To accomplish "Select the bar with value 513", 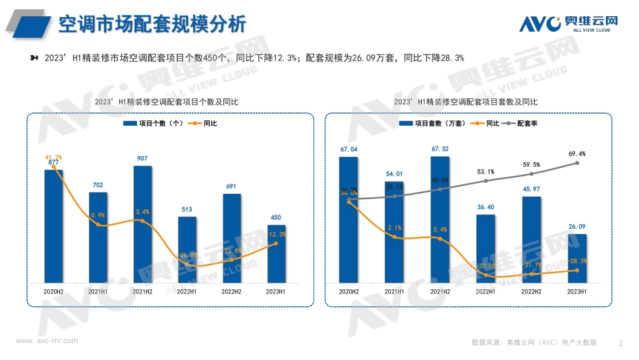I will [x=187, y=249].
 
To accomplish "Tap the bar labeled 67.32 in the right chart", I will [x=440, y=219].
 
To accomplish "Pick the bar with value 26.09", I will [x=577, y=258].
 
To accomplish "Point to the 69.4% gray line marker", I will [x=577, y=163].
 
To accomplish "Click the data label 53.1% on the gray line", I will [x=486, y=172].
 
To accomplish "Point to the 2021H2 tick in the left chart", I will [x=143, y=291].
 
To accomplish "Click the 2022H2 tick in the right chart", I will [x=531, y=291].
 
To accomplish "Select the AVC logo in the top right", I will [x=568, y=24].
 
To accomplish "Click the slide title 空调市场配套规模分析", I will [x=152, y=24].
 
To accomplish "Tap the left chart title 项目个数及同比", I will [x=167, y=102].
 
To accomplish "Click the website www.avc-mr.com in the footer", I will [x=46, y=341].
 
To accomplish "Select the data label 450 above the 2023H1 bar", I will [x=276, y=217].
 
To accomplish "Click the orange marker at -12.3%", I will [x=276, y=244].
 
